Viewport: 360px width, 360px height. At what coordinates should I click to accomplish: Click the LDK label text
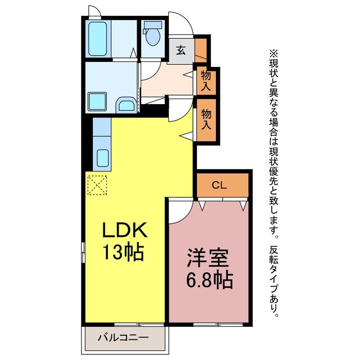125,229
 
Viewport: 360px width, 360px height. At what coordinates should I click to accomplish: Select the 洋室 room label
208,258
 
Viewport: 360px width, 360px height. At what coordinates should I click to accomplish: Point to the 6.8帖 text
209,280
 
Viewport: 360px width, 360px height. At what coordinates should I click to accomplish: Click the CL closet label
219,185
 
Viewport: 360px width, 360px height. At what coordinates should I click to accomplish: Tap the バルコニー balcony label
123,337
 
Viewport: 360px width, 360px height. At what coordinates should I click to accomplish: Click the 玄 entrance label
181,50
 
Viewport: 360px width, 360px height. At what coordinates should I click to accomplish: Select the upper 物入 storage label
206,81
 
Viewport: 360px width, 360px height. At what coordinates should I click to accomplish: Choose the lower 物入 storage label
206,119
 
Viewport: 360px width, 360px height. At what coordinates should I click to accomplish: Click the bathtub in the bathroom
97,39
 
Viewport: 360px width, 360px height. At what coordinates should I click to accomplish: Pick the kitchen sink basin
102,158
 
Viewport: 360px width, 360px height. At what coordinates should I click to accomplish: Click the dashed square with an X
97,185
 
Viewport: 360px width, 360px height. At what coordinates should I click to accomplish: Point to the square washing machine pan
97,102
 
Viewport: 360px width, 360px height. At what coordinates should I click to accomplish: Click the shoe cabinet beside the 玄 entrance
201,50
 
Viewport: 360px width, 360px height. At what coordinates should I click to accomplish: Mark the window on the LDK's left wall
83,252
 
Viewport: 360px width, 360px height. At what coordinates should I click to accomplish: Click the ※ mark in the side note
274,53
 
